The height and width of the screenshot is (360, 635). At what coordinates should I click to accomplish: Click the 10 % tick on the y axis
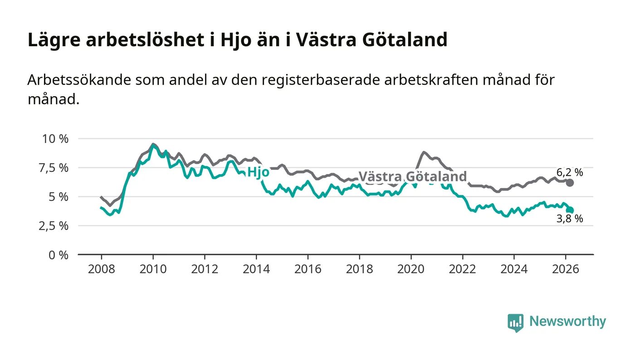click(x=56, y=139)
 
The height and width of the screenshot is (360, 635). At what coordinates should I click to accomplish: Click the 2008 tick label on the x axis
click(x=101, y=269)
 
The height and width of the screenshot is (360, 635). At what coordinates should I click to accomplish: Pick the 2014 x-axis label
click(x=256, y=269)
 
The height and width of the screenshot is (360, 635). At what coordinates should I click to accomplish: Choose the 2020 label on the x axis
click(x=411, y=269)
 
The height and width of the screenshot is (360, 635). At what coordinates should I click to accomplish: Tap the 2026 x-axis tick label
click(x=566, y=269)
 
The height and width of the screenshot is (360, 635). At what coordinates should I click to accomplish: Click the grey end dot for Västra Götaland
click(x=570, y=183)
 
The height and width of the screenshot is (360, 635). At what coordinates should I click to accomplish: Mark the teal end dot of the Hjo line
click(x=570, y=210)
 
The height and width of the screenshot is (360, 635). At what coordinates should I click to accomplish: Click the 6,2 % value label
click(x=570, y=172)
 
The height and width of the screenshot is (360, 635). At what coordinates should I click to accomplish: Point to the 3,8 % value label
click(x=570, y=219)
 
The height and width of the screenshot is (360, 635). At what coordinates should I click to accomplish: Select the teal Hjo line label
click(x=258, y=172)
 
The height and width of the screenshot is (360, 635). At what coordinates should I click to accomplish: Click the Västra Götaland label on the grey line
click(x=412, y=176)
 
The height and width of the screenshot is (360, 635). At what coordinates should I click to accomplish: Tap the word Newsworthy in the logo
click(x=567, y=321)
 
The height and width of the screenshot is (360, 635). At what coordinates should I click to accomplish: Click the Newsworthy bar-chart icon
click(x=515, y=322)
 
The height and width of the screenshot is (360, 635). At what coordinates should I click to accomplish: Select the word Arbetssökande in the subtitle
click(x=77, y=80)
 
